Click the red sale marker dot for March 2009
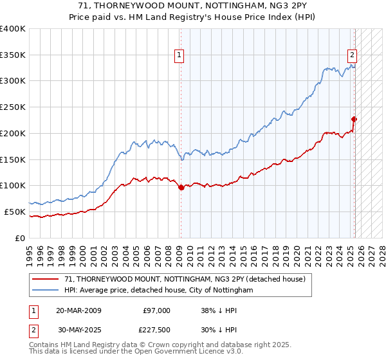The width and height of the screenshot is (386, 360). click(x=181, y=188)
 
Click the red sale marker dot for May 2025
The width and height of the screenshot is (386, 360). click(x=354, y=119)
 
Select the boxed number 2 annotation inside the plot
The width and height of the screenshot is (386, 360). click(x=353, y=56)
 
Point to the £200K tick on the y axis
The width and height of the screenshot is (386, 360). click(x=13, y=133)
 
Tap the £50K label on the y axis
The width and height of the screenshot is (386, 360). click(x=15, y=212)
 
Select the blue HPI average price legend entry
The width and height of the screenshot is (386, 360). click(x=158, y=290)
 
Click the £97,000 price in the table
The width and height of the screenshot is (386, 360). click(x=157, y=310)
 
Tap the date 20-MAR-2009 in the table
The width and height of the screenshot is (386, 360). click(x=78, y=310)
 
